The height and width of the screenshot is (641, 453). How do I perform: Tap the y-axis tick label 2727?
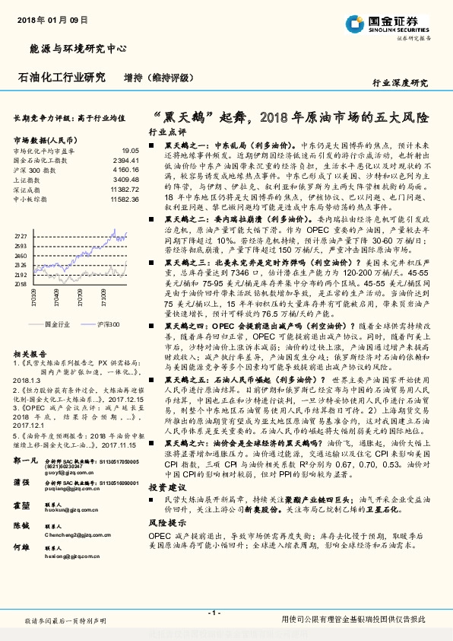(21, 237)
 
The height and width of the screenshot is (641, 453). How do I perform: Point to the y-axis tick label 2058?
(21, 282)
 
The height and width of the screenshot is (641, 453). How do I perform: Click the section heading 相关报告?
(29, 355)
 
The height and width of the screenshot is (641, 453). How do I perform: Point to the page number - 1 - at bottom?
(215, 613)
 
